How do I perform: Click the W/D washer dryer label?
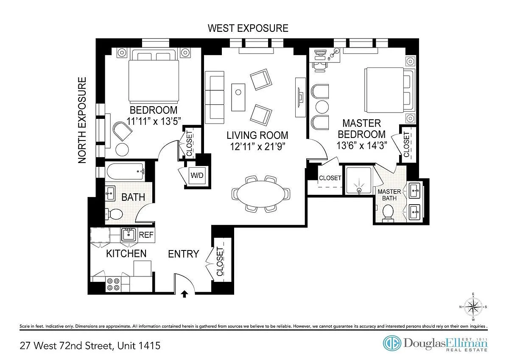click(197, 175)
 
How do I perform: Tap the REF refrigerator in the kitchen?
click(146, 235)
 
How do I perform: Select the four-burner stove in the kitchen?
click(113, 284)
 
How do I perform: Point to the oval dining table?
click(260, 194)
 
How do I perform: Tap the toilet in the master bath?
click(388, 213)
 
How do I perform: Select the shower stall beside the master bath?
click(358, 180)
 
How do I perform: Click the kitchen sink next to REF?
click(129, 235)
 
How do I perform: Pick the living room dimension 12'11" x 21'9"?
click(257, 146)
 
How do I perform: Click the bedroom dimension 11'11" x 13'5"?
click(154, 121)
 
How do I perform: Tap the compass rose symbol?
click(473, 307)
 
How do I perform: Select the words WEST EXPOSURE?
click(248, 28)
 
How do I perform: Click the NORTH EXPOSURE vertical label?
click(82, 120)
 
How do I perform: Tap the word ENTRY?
click(183, 254)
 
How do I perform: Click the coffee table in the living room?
click(238, 97)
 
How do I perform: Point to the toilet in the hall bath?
click(114, 214)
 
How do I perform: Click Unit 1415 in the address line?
click(139, 346)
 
